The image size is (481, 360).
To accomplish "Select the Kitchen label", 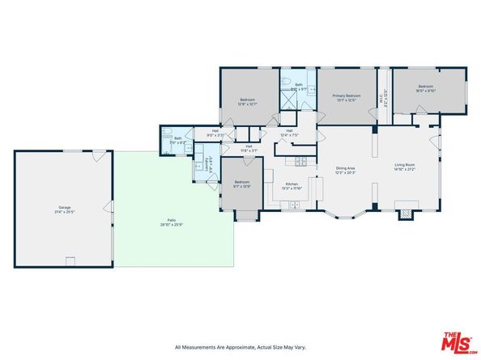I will tap(292, 186).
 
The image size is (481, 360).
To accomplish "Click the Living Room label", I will tap(405, 167).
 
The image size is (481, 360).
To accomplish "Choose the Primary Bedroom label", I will tap(346, 97).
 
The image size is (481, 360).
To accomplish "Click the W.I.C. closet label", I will tap(385, 103).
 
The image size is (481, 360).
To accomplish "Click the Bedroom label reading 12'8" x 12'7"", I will tap(247, 101).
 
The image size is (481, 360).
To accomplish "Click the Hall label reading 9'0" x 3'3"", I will tap(216, 133).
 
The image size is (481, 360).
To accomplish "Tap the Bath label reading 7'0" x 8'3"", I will tap(178, 140).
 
